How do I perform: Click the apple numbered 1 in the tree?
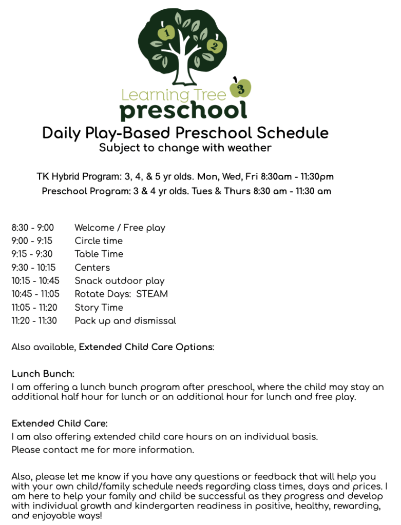point(166,33)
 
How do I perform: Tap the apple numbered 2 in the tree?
point(214,47)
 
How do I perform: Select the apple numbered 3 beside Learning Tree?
point(241,88)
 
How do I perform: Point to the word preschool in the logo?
point(183,110)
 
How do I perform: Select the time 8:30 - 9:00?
point(32,228)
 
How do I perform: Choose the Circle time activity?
point(99,241)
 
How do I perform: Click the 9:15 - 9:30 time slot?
point(32,254)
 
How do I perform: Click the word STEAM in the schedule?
point(152,294)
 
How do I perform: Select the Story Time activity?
point(99,308)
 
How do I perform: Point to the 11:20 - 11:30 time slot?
point(34,321)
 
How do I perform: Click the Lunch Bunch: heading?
point(43,374)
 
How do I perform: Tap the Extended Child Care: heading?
point(60,424)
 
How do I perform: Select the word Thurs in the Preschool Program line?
point(237,191)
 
